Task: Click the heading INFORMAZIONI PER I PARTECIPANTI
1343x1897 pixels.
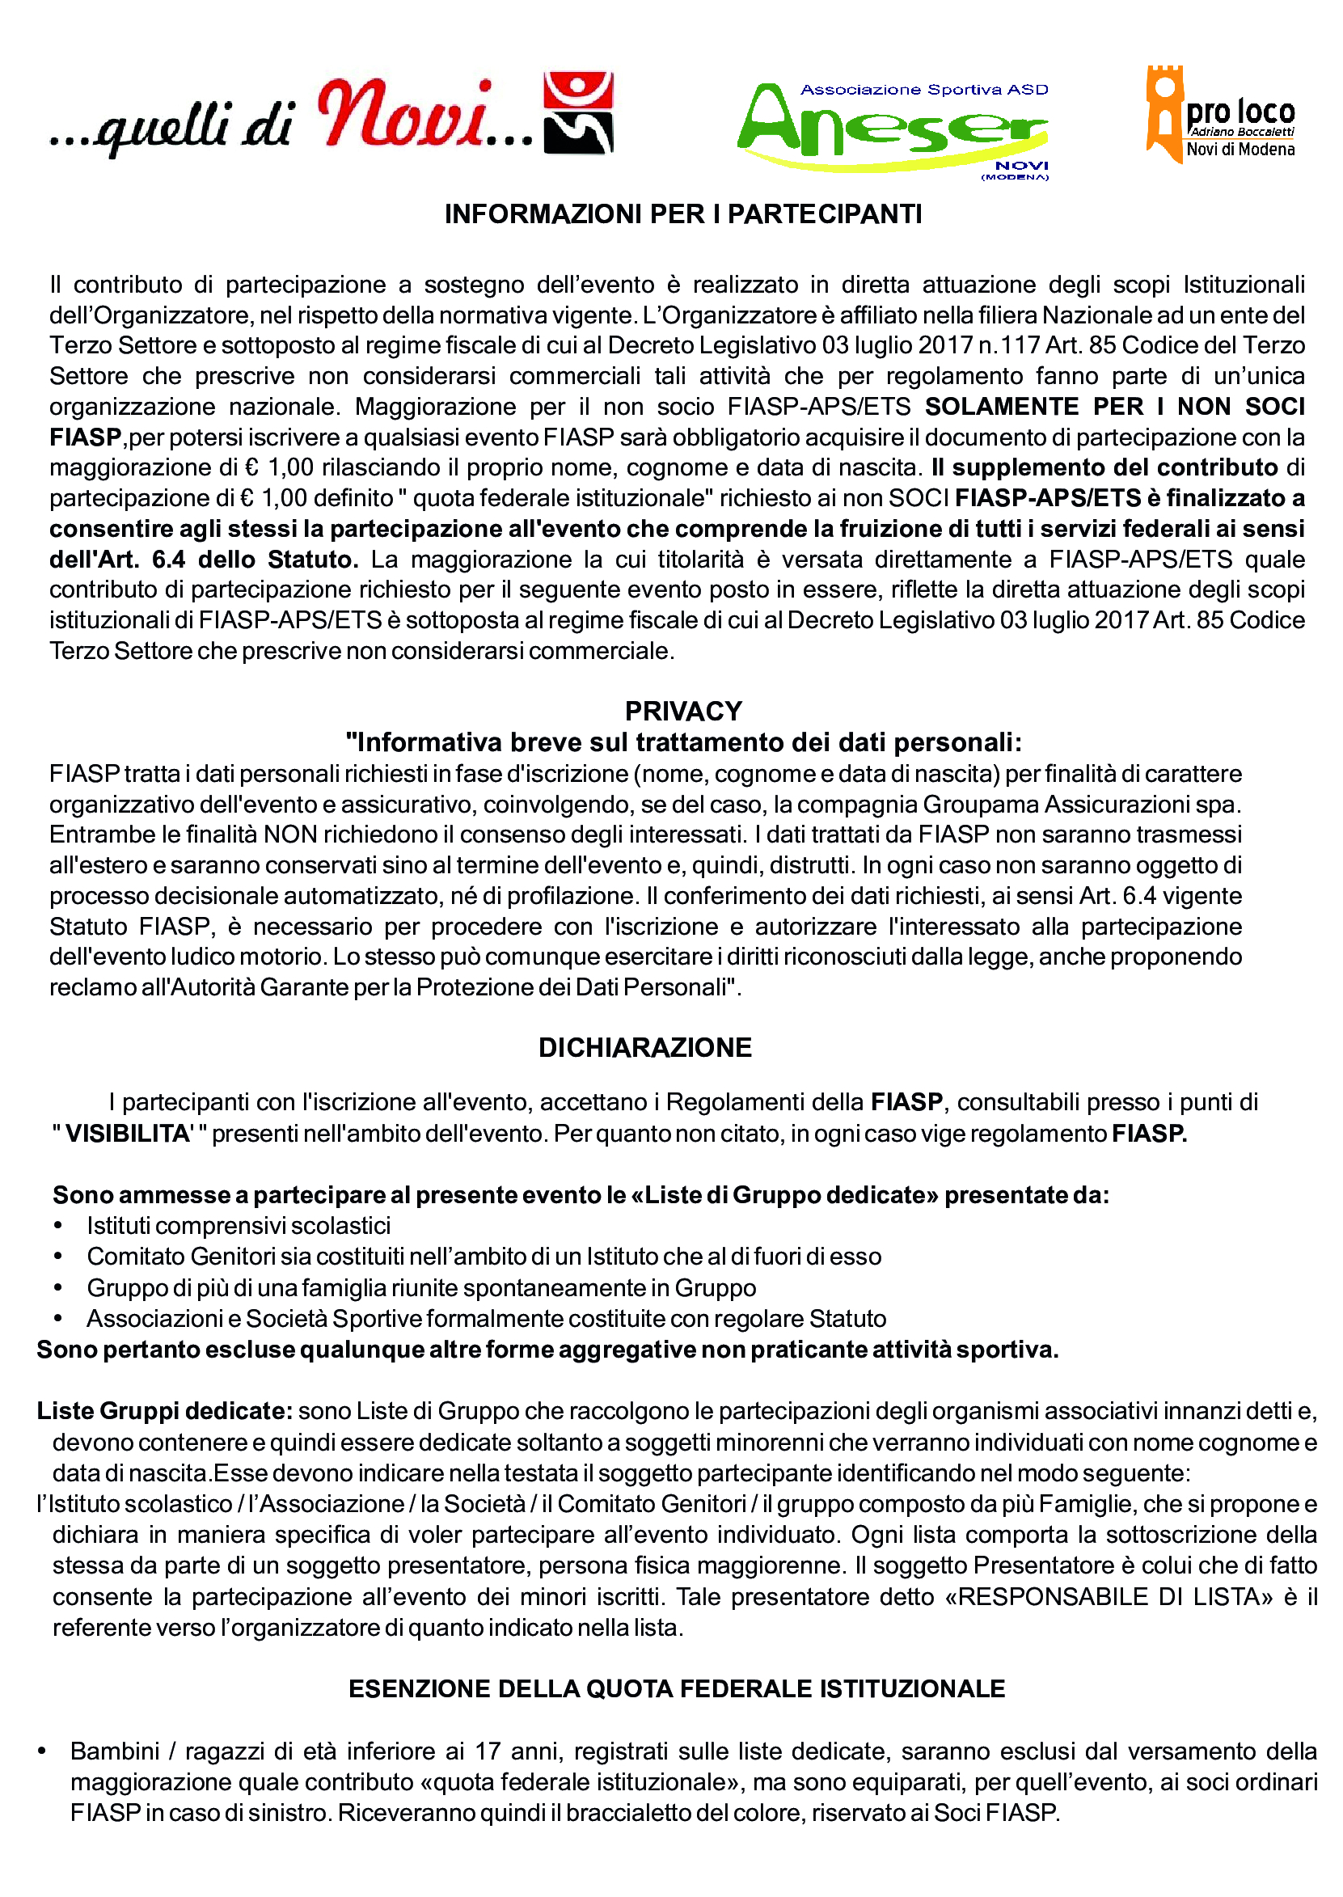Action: coord(683,214)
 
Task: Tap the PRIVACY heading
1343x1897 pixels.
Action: coord(683,711)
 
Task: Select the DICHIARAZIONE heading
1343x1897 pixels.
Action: coord(645,1048)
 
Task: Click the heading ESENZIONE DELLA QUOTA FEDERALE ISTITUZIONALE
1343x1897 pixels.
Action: coord(677,1688)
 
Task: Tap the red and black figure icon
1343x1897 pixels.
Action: coord(578,113)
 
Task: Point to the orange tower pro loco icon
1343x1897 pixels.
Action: coord(1163,112)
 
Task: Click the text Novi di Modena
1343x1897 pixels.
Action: coord(1240,150)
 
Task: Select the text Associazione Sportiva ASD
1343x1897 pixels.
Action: coord(923,89)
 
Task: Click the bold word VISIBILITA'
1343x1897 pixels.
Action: coord(129,1134)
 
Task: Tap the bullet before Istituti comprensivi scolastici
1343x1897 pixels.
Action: coord(58,1227)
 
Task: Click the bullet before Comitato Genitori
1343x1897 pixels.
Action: coord(58,1257)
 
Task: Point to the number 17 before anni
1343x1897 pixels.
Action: coord(488,1751)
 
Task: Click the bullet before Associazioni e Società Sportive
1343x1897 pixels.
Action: coord(58,1319)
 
